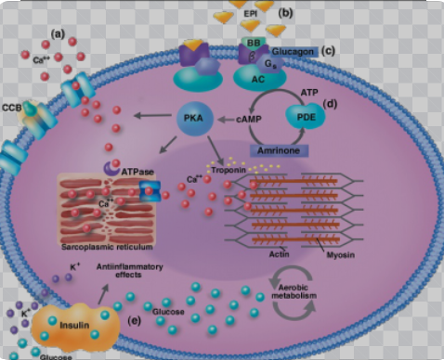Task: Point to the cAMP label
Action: click(250, 119)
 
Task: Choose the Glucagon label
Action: click(288, 52)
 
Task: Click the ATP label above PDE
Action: click(307, 93)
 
